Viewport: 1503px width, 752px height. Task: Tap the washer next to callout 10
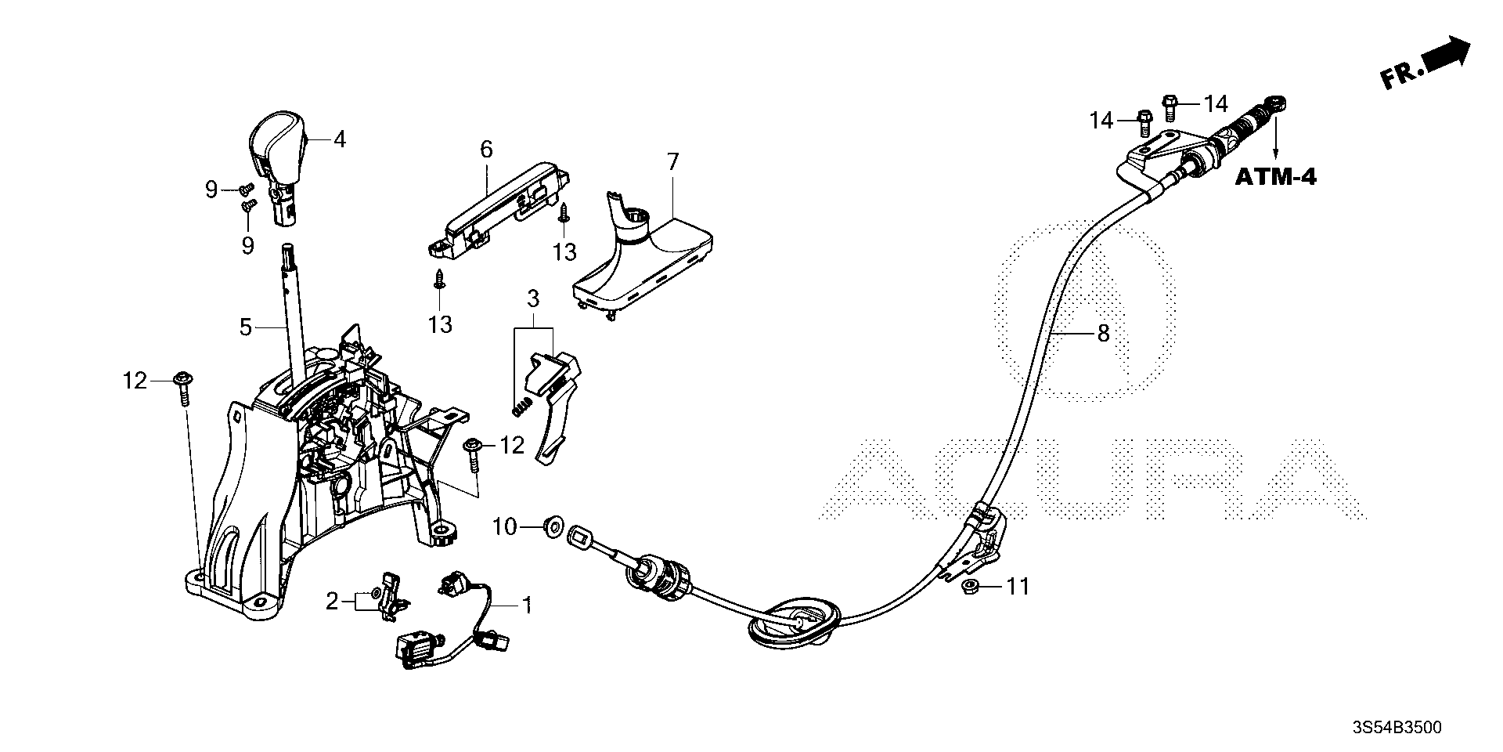pyautogui.click(x=551, y=526)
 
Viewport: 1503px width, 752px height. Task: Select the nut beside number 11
pyautogui.click(x=970, y=586)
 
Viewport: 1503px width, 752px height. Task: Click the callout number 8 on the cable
pyautogui.click(x=1103, y=334)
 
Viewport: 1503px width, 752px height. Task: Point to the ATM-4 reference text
pyautogui.click(x=1275, y=177)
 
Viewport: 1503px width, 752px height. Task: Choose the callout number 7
pyautogui.click(x=673, y=162)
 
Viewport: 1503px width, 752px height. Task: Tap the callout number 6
pyautogui.click(x=486, y=149)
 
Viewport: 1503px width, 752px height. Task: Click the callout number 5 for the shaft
pyautogui.click(x=246, y=327)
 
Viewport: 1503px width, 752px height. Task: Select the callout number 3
pyautogui.click(x=533, y=298)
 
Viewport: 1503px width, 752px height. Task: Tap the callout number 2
pyautogui.click(x=332, y=602)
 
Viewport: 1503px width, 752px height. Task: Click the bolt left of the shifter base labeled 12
pyautogui.click(x=183, y=389)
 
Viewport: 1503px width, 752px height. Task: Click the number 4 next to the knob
pyautogui.click(x=339, y=139)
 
